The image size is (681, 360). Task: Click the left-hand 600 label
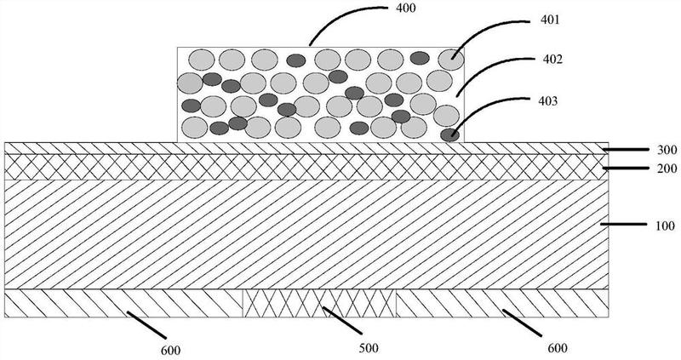click(171, 349)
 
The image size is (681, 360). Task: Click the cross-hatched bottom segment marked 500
click(320, 302)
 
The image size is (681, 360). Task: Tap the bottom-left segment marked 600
click(123, 302)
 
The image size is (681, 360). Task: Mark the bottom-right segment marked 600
click(502, 302)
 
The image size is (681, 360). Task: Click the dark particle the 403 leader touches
click(449, 134)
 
